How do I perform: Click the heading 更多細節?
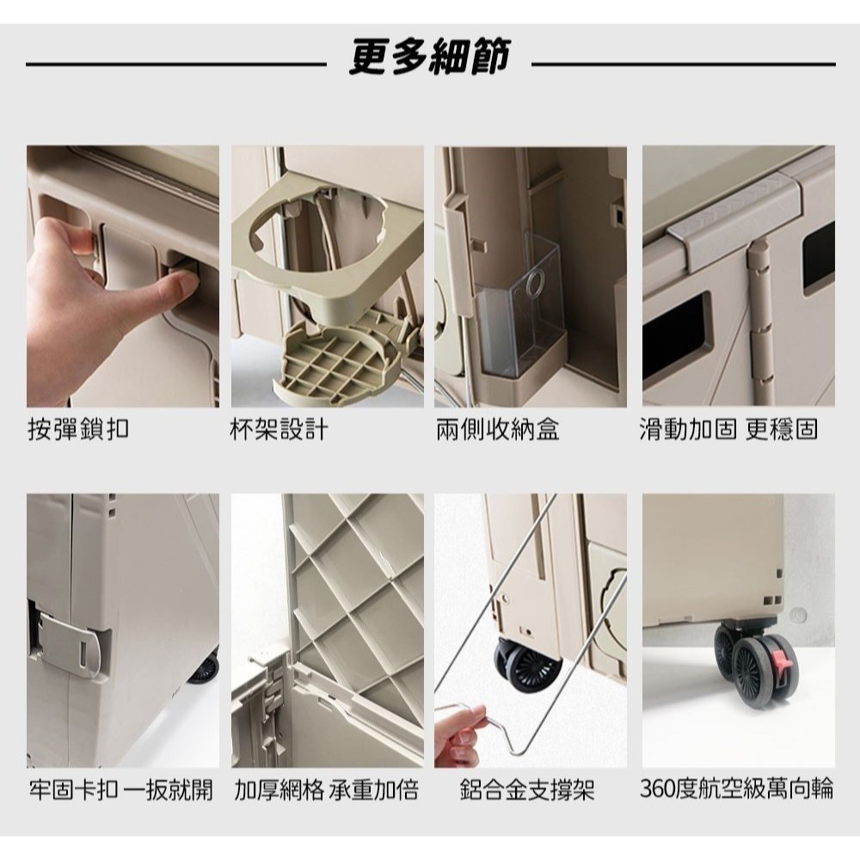click(430, 57)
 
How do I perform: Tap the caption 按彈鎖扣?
click(79, 428)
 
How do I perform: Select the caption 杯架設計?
click(279, 428)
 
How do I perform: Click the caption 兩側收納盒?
click(497, 428)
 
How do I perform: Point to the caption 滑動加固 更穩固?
click(729, 428)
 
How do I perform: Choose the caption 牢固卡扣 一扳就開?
click(120, 790)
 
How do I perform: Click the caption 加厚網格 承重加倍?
click(326, 790)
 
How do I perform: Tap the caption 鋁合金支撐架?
click(528, 790)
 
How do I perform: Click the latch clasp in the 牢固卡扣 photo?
click(69, 642)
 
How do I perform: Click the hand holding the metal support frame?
click(459, 735)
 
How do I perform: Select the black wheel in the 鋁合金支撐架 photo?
click(526, 666)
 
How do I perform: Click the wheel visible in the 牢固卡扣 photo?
click(204, 670)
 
